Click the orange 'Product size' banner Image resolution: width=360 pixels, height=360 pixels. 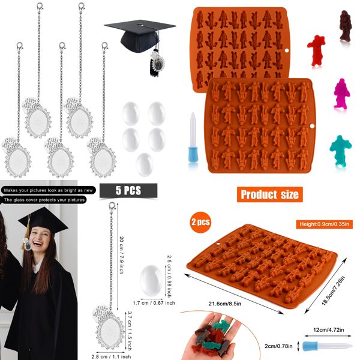click(x=269, y=194)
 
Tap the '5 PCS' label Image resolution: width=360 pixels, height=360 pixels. click(x=128, y=190)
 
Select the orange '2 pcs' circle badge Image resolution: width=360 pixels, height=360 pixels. click(x=200, y=222)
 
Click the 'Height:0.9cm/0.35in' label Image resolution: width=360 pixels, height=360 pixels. click(x=326, y=224)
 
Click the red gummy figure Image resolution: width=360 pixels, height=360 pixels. click(x=316, y=47)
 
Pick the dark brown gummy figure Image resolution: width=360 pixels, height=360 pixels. click(x=346, y=26)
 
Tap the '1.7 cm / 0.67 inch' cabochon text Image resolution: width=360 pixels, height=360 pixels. click(x=154, y=303)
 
